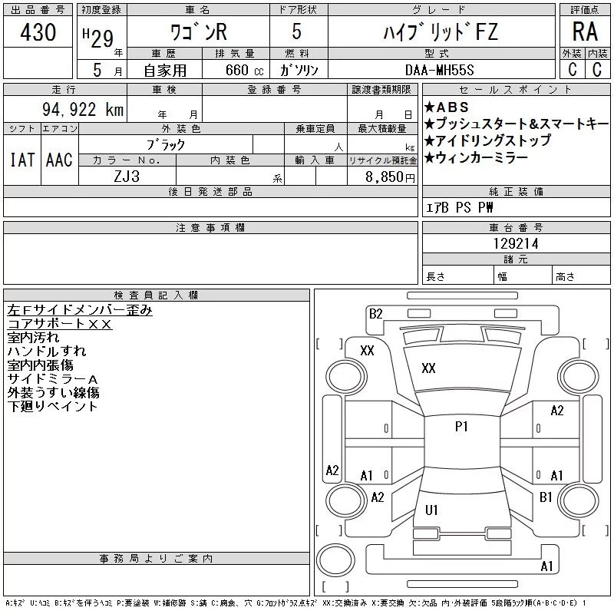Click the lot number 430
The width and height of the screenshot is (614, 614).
click(38, 31)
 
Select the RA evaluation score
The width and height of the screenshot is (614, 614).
click(585, 31)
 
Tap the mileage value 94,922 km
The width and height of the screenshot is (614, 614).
click(83, 109)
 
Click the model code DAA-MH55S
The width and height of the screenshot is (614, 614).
click(439, 70)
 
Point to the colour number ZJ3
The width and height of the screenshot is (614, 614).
click(127, 177)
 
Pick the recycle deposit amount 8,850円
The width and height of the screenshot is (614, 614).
click(390, 177)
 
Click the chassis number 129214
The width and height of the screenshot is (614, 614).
click(516, 243)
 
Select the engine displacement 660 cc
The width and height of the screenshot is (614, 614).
click(244, 70)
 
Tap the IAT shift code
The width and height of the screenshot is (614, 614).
click(22, 160)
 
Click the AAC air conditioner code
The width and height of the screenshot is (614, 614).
click(59, 160)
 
